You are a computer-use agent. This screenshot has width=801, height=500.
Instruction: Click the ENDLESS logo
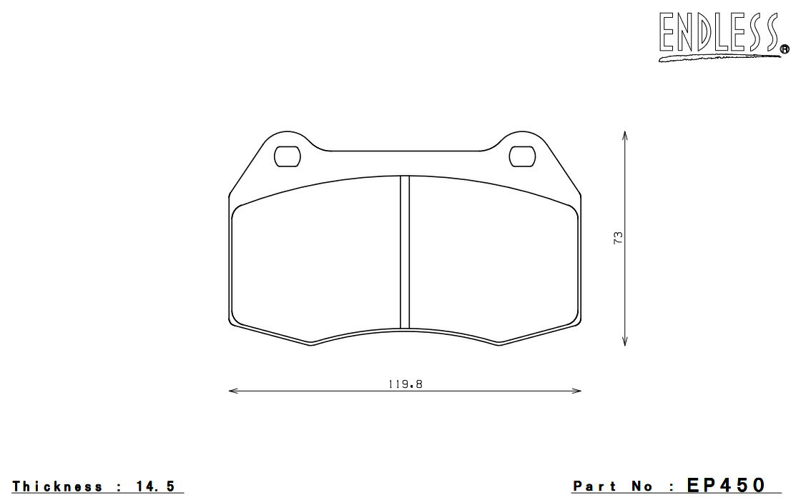pyautogui.click(x=723, y=36)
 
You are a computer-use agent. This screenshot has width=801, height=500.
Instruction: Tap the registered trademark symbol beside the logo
pyautogui.click(x=784, y=49)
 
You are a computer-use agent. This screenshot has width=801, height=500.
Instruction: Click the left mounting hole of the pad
pyautogui.click(x=287, y=156)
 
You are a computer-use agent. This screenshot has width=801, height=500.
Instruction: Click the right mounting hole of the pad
pyautogui.click(x=523, y=156)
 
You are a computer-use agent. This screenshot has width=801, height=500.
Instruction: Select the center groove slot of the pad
pyautogui.click(x=405, y=252)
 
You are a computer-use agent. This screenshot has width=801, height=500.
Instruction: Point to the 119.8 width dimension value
pyautogui.click(x=406, y=384)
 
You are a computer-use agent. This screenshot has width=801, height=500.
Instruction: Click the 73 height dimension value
pyautogui.click(x=618, y=238)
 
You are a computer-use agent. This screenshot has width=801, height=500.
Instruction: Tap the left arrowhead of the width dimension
pyautogui.click(x=233, y=391)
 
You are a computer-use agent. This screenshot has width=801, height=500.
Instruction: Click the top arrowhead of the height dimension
pyautogui.click(x=625, y=136)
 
